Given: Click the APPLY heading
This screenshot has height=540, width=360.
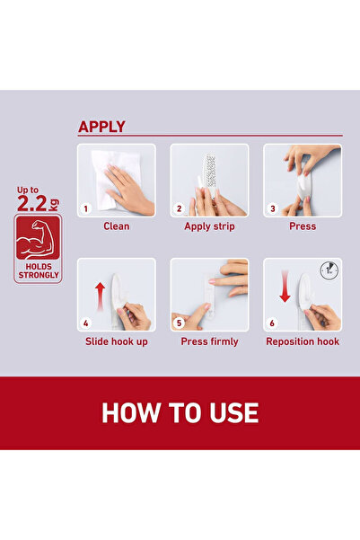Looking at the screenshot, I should click(x=101, y=127).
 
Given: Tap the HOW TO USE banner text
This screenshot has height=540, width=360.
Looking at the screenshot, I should click(x=180, y=412).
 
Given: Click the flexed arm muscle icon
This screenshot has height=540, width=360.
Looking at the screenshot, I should click(x=39, y=237).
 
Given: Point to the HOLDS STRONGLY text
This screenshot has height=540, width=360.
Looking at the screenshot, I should click(x=39, y=271).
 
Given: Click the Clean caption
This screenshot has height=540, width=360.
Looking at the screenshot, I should click(x=116, y=226).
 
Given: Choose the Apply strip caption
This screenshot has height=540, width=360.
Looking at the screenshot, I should click(x=209, y=226).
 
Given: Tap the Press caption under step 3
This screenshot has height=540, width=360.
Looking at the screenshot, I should click(x=303, y=226).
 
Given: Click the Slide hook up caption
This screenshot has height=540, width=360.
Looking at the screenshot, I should click(x=116, y=341).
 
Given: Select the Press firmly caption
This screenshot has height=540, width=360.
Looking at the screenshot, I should click(x=209, y=341).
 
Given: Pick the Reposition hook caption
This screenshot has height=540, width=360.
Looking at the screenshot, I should click(x=303, y=341).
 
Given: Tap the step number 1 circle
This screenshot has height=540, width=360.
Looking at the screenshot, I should click(x=86, y=208).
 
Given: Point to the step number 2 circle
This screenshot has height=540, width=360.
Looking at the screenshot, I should click(x=180, y=208).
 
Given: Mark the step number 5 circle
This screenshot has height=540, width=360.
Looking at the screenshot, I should click(x=180, y=323).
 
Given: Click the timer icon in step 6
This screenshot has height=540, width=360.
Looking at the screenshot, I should click(x=329, y=270).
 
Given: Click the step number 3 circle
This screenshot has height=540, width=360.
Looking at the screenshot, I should click(x=273, y=208).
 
